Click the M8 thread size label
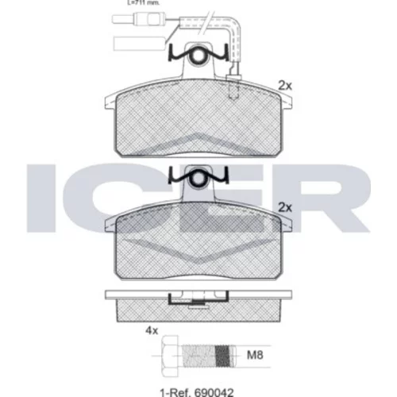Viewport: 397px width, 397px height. tap(255, 355)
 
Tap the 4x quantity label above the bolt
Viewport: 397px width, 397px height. tap(152, 330)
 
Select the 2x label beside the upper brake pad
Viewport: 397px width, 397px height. tap(285, 86)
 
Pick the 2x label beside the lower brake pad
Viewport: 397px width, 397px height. tap(285, 208)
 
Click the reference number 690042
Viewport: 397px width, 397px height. tap(214, 392)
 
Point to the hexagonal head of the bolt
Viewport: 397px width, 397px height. tap(169, 356)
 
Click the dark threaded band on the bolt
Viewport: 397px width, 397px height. tap(222, 356)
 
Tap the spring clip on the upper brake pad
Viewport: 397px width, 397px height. tap(198, 54)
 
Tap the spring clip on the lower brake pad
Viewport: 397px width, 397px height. tap(198, 176)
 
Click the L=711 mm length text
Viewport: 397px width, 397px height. tap(144, 3)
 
